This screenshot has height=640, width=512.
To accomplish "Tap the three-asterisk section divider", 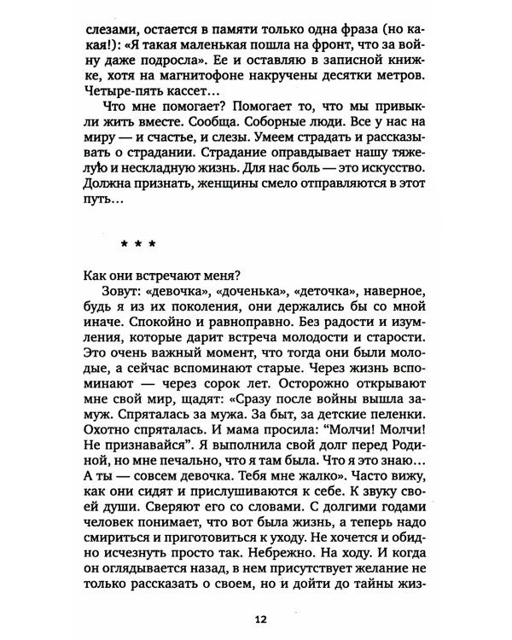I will (138, 242).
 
